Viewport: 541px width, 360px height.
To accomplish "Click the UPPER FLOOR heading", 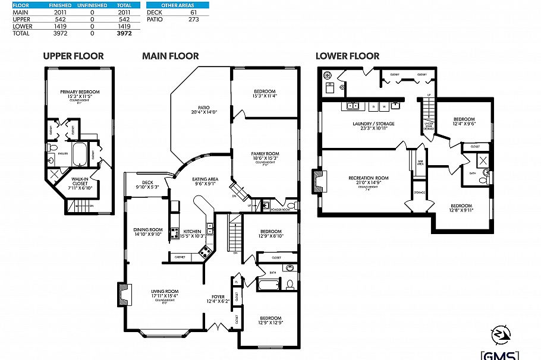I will pyautogui.click(x=73, y=56).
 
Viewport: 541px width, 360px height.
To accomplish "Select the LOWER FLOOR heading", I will pyautogui.click(x=347, y=56).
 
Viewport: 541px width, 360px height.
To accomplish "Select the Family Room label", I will pyautogui.click(x=265, y=156).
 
